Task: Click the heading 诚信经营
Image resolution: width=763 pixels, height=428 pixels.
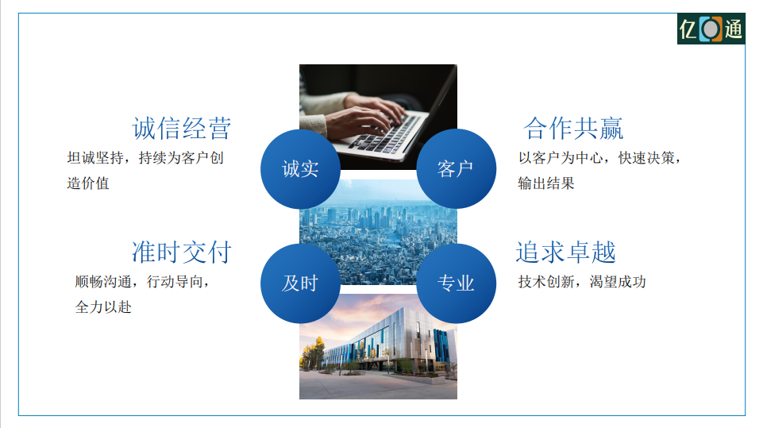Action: coord(182,129)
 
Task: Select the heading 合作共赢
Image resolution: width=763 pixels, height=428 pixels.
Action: coord(573,129)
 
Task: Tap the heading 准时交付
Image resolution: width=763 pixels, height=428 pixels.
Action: coord(182,253)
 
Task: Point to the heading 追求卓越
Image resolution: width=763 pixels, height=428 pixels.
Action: coord(566,253)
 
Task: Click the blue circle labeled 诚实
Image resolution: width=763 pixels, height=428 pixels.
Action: coord(300,169)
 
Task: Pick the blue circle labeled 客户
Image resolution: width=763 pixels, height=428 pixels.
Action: coord(456,169)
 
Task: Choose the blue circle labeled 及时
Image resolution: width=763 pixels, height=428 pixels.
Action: coord(300,283)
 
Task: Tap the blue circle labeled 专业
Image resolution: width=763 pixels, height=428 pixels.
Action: coord(456,283)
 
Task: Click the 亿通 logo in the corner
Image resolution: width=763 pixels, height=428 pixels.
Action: coord(711,29)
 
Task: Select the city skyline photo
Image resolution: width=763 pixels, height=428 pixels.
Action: coord(378,232)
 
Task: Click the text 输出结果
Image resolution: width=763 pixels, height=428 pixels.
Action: coord(546,183)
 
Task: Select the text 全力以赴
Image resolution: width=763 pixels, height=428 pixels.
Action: coord(103,307)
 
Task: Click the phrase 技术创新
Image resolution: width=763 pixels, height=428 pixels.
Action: coord(546,282)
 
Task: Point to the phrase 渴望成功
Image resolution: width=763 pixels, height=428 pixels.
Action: coord(618,282)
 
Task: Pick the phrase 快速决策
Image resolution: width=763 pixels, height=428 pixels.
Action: coord(646,158)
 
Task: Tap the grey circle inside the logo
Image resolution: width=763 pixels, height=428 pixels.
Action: coord(711,29)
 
